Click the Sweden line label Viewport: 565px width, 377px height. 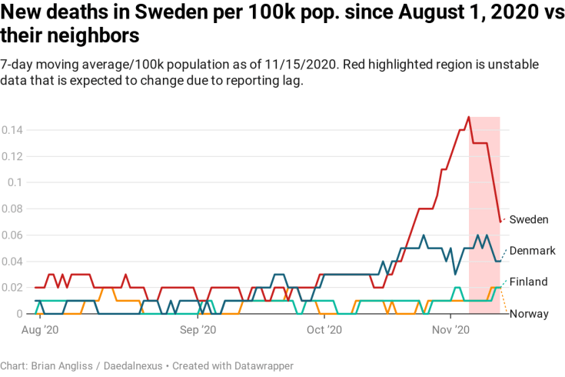(x=529, y=220)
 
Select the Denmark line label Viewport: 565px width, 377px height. (x=533, y=251)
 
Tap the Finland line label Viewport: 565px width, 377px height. (x=529, y=282)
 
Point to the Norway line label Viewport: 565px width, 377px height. (x=529, y=313)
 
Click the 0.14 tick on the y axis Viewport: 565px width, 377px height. (x=12, y=130)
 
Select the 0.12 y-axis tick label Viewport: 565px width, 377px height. (x=12, y=156)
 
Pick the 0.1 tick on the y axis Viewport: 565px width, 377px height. (x=15, y=182)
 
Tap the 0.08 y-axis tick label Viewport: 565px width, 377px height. (x=12, y=209)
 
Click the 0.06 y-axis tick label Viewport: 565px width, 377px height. (x=12, y=235)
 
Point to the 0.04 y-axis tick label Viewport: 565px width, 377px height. (x=12, y=261)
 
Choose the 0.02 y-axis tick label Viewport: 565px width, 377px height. (x=12, y=287)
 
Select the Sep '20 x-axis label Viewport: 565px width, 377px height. (x=198, y=329)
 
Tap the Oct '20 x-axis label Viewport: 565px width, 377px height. (x=324, y=329)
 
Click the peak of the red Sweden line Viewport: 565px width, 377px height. (x=468, y=117)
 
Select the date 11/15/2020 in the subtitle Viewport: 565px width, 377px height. (x=299, y=64)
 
